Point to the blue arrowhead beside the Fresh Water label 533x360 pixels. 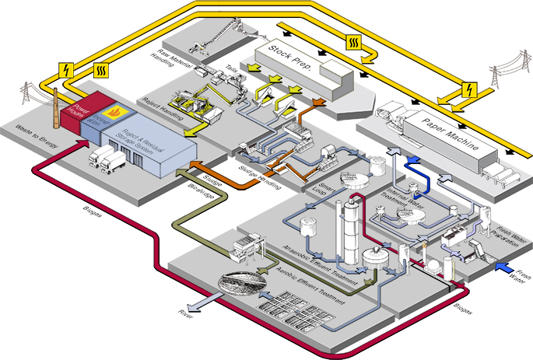pyautogui.click(x=503, y=270)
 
